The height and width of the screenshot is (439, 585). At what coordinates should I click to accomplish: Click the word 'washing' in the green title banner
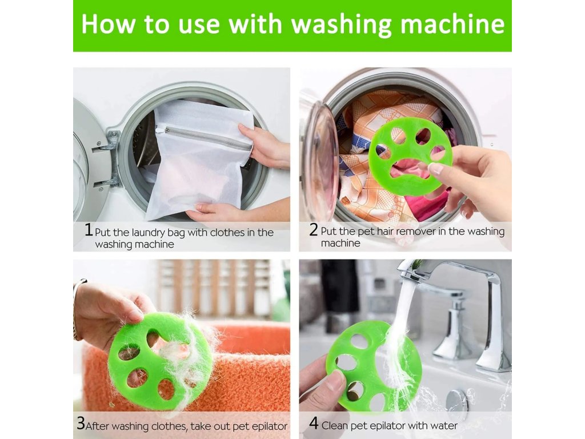[342, 25]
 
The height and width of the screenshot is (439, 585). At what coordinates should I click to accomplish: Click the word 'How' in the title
[108, 24]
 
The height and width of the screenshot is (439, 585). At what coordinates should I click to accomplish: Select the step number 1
[89, 230]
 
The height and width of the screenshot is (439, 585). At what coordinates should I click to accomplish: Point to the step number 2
[314, 230]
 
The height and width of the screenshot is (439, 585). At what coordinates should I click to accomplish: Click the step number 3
[81, 423]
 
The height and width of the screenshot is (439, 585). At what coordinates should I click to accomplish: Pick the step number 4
[314, 424]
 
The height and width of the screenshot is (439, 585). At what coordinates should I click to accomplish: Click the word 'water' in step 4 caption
[443, 425]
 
